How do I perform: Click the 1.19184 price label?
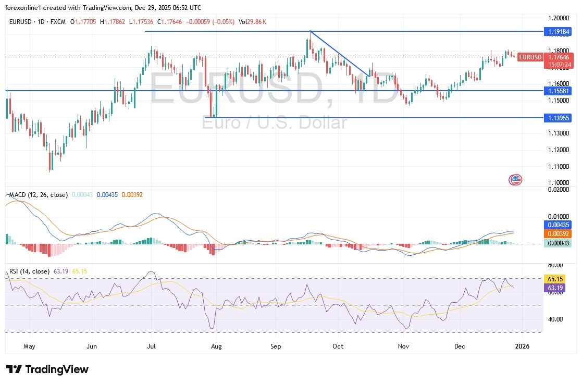[557, 32]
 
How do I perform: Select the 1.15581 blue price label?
[557, 91]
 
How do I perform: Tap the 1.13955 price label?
[557, 118]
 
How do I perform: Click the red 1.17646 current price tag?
[557, 57]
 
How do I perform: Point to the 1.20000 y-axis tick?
[557, 17]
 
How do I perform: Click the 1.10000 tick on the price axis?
[557, 183]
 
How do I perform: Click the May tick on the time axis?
[29, 345]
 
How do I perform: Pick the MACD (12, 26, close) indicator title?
[38, 195]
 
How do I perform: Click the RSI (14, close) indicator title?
[29, 271]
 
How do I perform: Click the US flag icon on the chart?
[515, 180]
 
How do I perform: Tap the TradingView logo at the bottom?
[47, 369]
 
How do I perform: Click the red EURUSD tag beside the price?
[530, 57]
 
